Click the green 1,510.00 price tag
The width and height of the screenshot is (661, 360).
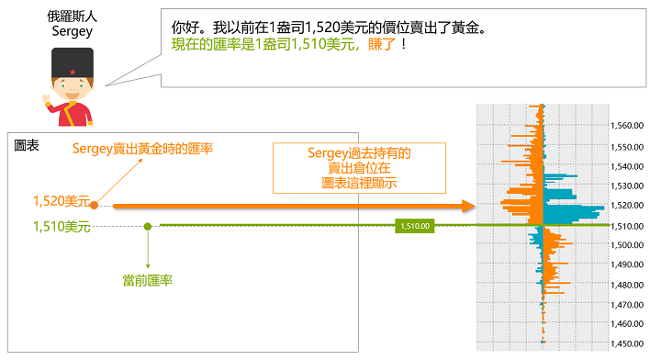413,225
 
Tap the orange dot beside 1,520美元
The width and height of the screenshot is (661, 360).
95,208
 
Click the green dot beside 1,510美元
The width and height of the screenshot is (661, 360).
148,226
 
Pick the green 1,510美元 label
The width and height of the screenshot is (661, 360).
61,227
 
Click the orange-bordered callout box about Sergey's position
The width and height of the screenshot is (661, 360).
359,168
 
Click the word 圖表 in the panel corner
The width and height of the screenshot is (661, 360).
28,145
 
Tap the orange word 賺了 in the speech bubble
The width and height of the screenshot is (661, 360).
383,44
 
